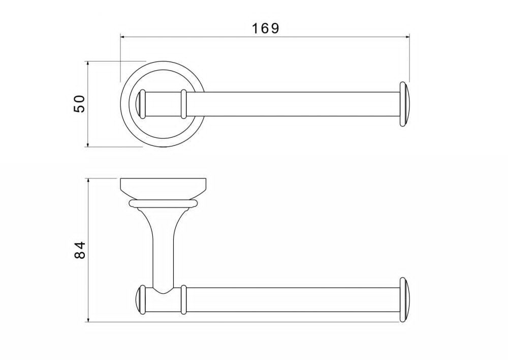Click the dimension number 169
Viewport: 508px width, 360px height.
click(265, 28)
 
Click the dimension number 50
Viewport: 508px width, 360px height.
click(80, 104)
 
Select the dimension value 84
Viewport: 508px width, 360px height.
click(80, 250)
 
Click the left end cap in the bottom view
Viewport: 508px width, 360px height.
click(140, 299)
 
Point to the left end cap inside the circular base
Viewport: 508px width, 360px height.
click(141, 104)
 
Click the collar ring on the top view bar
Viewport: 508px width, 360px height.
click(184, 104)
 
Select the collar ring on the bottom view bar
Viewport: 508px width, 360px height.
click(184, 299)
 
